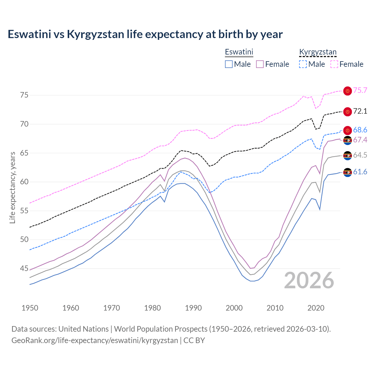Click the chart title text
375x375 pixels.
click(145, 34)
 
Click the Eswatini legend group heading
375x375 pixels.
click(239, 52)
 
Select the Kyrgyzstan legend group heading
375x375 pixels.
click(318, 52)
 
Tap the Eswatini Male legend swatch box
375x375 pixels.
click(229, 64)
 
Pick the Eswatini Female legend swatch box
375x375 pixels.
click(260, 64)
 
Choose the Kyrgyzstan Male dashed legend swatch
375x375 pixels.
click(303, 64)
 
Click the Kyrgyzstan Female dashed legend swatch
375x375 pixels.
click(334, 64)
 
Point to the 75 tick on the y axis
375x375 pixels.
click(24, 95)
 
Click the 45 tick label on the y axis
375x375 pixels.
click(24, 268)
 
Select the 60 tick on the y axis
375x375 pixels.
click(24, 182)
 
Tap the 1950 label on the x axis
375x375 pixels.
click(30, 308)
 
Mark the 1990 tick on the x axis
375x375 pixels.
click(193, 308)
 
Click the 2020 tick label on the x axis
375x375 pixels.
click(316, 308)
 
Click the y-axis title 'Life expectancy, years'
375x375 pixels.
click(12, 187)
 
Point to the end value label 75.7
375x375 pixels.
click(360, 90)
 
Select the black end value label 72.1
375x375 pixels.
click(360, 111)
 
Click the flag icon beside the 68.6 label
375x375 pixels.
click(347, 130)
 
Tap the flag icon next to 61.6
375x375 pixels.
click(347, 172)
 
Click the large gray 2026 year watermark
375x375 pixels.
click(309, 280)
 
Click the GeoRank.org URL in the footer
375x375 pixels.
click(95, 340)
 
